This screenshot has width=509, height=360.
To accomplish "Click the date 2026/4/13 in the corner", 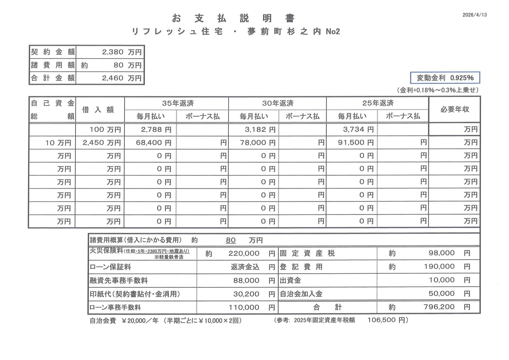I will pos(474,15).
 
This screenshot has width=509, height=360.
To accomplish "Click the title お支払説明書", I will pos(233,18).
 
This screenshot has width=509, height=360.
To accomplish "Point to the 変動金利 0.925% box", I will pos(445,78).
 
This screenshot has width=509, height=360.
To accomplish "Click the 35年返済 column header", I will pos(178,103).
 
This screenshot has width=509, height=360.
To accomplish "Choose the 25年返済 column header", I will pos(378,103).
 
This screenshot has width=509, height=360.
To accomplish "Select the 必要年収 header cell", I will pos(455,109).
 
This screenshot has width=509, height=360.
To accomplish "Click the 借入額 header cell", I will pos(98,110).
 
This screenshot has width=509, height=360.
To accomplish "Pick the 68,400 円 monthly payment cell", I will pos(153,143).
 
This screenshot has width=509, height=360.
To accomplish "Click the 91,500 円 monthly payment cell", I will pos(356,142).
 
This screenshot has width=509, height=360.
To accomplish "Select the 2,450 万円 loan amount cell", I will pos(102,143).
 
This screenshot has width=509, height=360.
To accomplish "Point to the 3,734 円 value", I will pos(358,129).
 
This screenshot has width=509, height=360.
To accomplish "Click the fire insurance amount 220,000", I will pos(244,253).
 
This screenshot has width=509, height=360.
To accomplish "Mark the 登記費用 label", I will pos(301,267).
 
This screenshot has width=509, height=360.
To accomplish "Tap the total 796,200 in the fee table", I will pos(439,307).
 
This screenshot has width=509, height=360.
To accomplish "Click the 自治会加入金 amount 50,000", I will pos(441,293).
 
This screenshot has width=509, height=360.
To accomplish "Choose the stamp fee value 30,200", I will pos(246,294).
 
